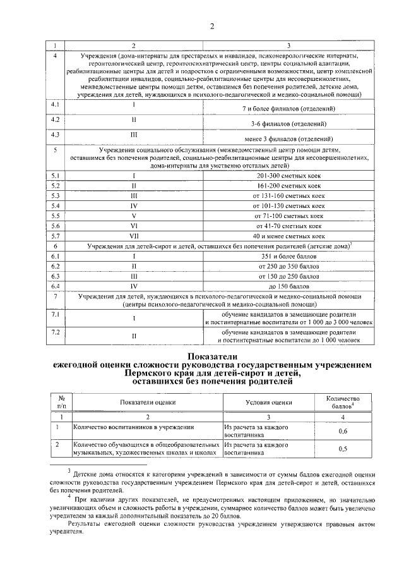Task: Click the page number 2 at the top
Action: (x=212, y=26)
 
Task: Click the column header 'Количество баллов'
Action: (x=343, y=402)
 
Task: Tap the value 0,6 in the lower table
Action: (x=343, y=431)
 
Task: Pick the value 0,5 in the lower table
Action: (x=343, y=449)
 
